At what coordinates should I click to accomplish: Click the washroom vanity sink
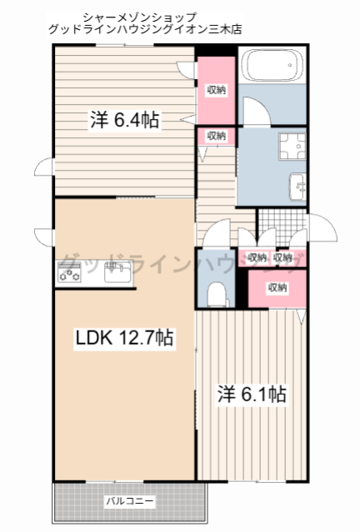coord(297,186)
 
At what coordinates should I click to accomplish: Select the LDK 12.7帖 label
coord(125,338)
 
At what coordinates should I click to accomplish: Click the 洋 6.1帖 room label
coord(252,393)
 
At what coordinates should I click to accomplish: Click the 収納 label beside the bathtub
coord(216,90)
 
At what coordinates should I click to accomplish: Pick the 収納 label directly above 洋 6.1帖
coord(277,287)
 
